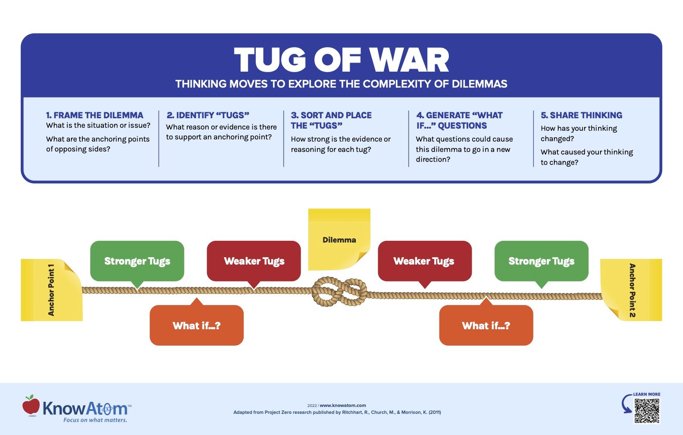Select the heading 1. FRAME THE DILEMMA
94,115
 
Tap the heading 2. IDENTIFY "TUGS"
208,115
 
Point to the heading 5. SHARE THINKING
581,115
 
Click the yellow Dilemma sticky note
339,239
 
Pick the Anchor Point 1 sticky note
51,290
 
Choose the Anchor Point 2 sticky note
631,290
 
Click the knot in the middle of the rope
339,292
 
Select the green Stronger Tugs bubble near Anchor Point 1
137,261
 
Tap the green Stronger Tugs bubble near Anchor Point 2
541,261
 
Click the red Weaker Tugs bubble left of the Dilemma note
254,261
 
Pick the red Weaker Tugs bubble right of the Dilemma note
424,261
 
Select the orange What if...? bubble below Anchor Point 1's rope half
197,325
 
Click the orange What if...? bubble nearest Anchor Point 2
486,325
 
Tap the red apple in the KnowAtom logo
31,406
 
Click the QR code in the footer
647,410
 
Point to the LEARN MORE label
646,394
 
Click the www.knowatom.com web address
343,405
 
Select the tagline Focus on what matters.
95,420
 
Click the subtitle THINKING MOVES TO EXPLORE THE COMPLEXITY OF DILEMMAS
341,84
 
